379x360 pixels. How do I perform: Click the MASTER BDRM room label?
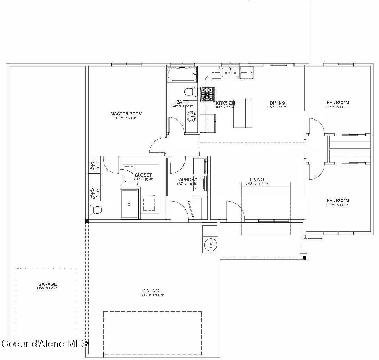pos(126,114)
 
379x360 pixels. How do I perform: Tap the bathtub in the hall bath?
pos(182,74)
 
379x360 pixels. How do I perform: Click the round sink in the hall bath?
pos(191,117)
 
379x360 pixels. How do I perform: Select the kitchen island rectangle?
pos(243,113)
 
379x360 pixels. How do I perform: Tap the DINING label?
pos(277,103)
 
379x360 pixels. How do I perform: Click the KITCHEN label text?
pos(226,103)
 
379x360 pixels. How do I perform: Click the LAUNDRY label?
pos(187,180)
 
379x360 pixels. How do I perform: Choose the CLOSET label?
pos(143,175)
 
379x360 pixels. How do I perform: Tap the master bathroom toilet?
pos(95,210)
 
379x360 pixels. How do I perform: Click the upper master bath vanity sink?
pos(94,166)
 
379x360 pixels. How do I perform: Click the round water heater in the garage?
pos(210,245)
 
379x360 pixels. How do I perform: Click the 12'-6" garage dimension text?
pos(47,288)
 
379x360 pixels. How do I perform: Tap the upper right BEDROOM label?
pos(338,102)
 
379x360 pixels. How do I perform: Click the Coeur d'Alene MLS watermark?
pos(44,344)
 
